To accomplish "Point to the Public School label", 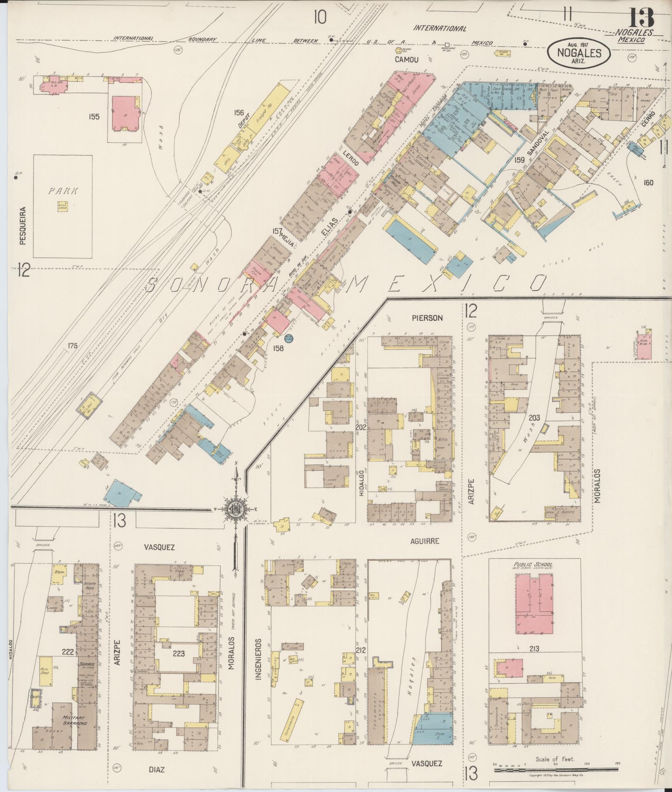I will click(x=533, y=565).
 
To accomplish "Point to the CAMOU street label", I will click(x=406, y=59).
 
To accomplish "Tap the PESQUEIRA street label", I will click(x=23, y=226).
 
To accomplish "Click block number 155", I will click(x=94, y=117).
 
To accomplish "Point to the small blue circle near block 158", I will click(x=289, y=339).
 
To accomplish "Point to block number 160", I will click(x=648, y=182).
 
